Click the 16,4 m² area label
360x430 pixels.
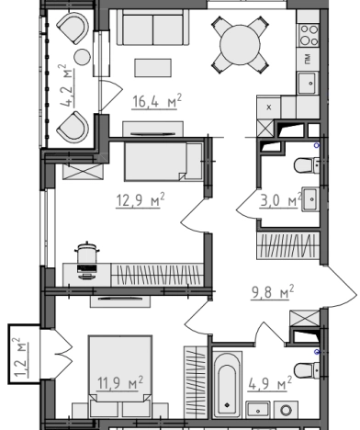click(x=157, y=101)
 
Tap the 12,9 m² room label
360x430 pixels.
click(x=141, y=200)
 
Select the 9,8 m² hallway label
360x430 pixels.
click(x=273, y=292)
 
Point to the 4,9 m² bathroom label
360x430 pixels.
click(x=270, y=383)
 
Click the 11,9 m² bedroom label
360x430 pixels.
click(x=120, y=383)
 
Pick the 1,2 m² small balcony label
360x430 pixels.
click(x=20, y=357)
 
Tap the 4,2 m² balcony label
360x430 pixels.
click(x=67, y=85)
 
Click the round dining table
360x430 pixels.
click(x=240, y=45)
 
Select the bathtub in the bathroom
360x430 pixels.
click(x=227, y=385)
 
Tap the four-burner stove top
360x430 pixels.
click(x=309, y=35)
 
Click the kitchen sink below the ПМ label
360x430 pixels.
click(x=309, y=83)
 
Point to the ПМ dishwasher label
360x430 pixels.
click(x=308, y=59)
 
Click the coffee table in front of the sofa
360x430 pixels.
click(x=153, y=68)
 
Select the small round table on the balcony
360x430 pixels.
click(x=82, y=57)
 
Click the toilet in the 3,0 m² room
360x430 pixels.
click(x=306, y=165)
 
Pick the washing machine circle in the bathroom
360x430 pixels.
click(x=287, y=411)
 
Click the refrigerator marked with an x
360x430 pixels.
click(x=269, y=107)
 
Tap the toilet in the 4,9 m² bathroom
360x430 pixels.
click(x=306, y=370)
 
